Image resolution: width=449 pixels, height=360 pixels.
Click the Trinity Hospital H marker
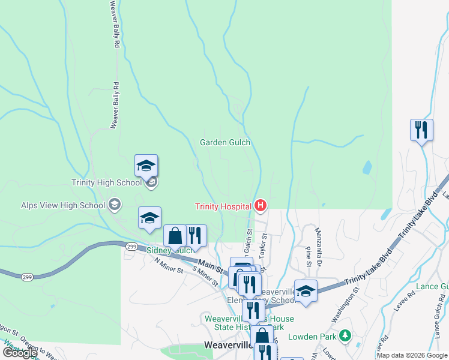261,206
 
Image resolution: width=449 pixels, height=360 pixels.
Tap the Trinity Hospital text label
222,207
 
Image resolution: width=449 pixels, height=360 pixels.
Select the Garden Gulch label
224,143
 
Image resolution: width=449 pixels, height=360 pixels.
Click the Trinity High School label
106,183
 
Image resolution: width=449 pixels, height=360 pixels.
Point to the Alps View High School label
63,205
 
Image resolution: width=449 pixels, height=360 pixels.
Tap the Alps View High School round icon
113,205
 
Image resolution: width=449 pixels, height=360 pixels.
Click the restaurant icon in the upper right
421,130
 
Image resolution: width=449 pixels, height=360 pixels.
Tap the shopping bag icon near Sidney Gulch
175,235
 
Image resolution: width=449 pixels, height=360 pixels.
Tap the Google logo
19,353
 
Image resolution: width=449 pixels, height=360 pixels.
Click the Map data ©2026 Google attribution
412,355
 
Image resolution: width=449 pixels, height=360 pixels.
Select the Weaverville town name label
228,346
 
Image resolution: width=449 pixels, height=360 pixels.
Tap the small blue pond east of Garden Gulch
367,167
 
